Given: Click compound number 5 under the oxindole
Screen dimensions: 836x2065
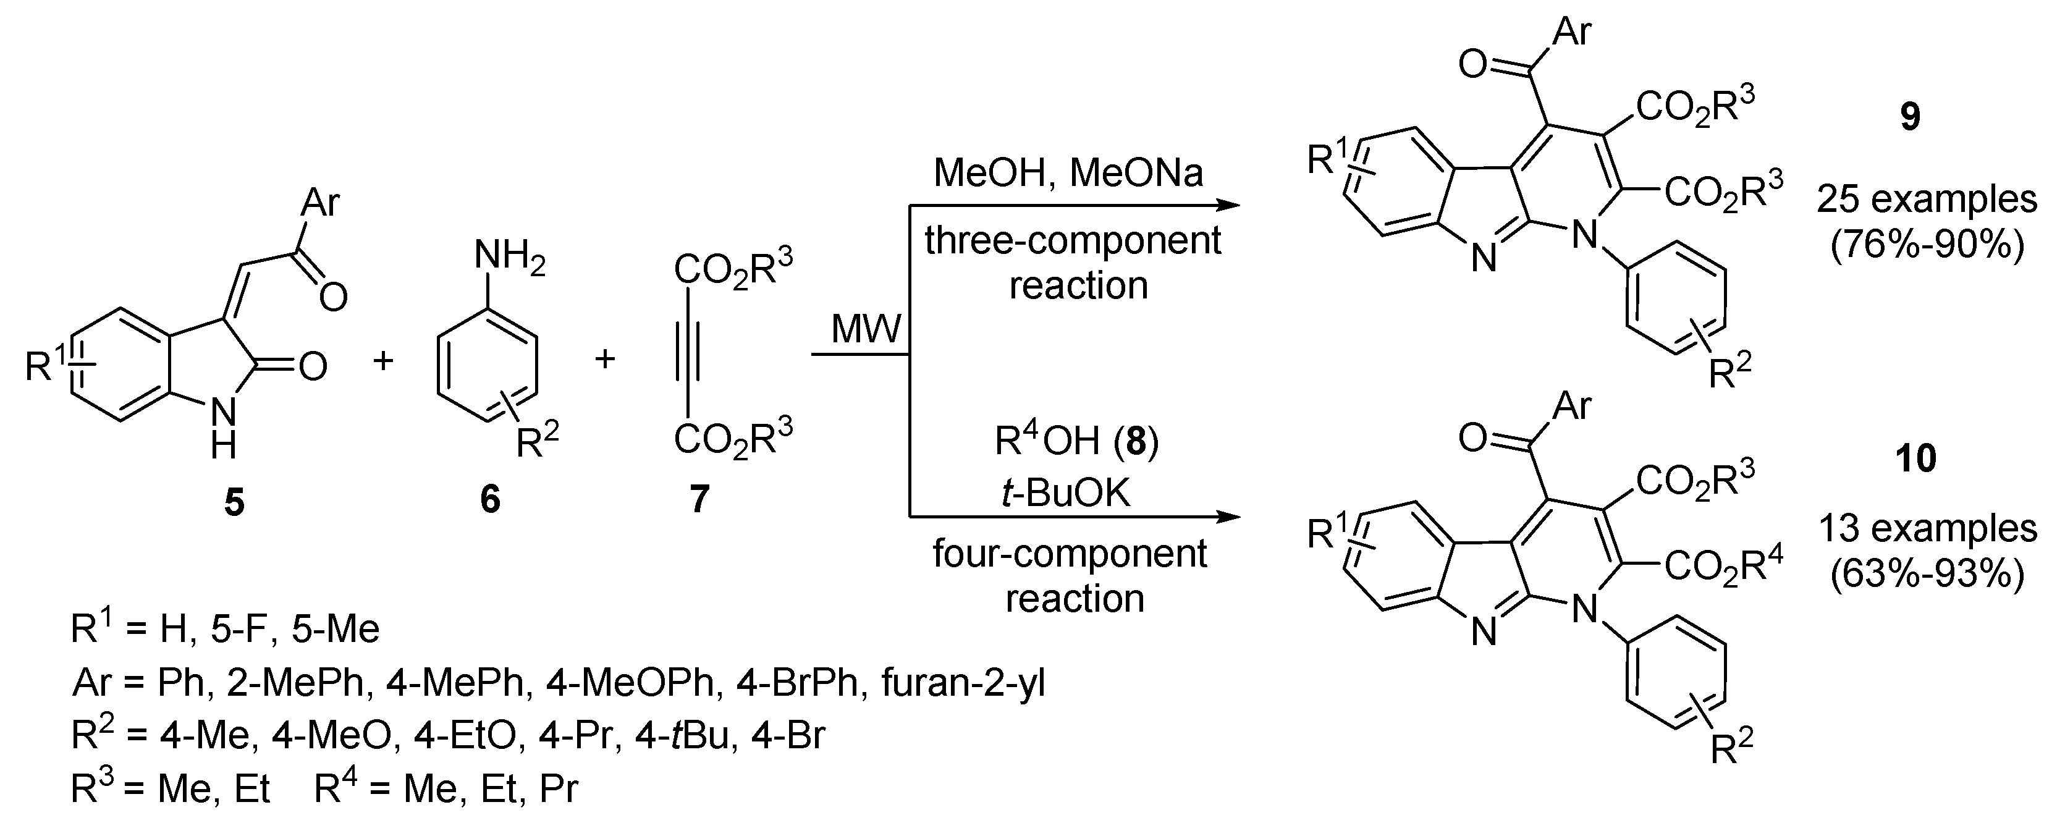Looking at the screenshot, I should pos(234,502).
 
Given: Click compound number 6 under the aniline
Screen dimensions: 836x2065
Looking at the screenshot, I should pos(490,499).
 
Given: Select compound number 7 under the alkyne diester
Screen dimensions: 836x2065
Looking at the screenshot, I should pos(699,499).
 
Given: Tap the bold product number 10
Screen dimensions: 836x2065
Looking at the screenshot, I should pos(1917,459).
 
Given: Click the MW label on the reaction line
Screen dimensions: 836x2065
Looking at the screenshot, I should pos(866,329).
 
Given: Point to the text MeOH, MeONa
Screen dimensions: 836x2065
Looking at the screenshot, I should pos(1068,172).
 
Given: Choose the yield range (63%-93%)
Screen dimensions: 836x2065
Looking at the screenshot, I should pos(1927,575).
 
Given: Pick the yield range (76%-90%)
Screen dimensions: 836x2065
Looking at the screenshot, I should pos(1927,245).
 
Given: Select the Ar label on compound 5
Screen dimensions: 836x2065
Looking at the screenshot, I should pos(320,203).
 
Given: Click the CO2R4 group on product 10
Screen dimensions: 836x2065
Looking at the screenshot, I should pos(1723,567).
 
